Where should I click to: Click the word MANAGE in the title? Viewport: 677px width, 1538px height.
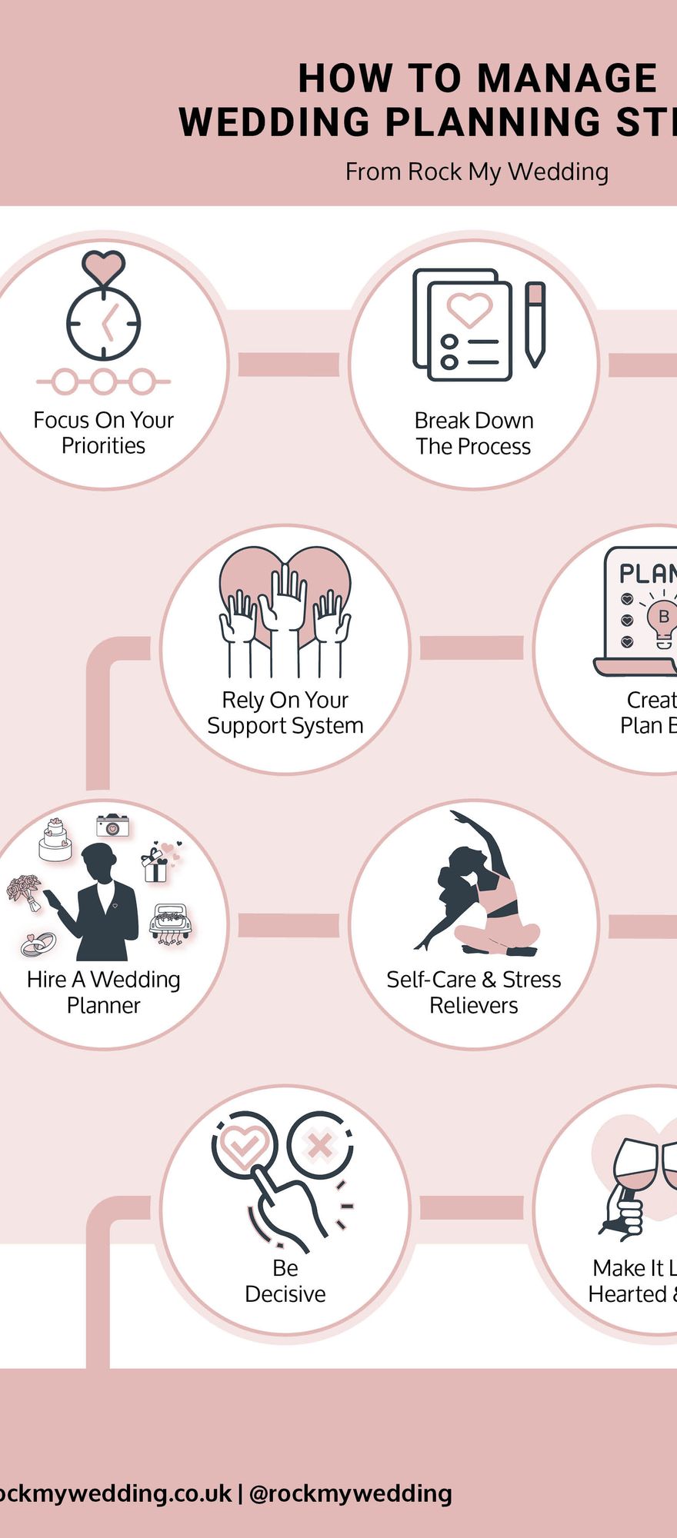tap(567, 78)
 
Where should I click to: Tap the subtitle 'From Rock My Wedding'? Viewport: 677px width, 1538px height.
tap(476, 171)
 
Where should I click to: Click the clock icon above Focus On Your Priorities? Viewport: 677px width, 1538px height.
tap(103, 323)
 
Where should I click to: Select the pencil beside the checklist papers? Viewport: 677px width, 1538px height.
tap(535, 323)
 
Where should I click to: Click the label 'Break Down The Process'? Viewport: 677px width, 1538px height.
tap(473, 433)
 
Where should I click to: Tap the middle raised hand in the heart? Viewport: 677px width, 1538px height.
tap(285, 600)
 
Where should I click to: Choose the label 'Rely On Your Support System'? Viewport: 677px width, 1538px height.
tap(285, 713)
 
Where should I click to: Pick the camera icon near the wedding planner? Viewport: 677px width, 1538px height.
tap(112, 826)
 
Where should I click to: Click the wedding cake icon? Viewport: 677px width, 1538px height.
tap(55, 840)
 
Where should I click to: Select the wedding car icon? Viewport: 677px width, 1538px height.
tap(169, 923)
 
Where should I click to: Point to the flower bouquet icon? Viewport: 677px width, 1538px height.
tap(25, 891)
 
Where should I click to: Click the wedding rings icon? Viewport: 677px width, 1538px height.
tap(38, 943)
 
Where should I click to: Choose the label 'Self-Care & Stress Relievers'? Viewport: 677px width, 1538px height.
tap(473, 992)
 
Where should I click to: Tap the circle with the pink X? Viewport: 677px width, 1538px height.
tap(319, 1147)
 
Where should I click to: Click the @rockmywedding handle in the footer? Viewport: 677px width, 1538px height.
tap(351, 1493)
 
